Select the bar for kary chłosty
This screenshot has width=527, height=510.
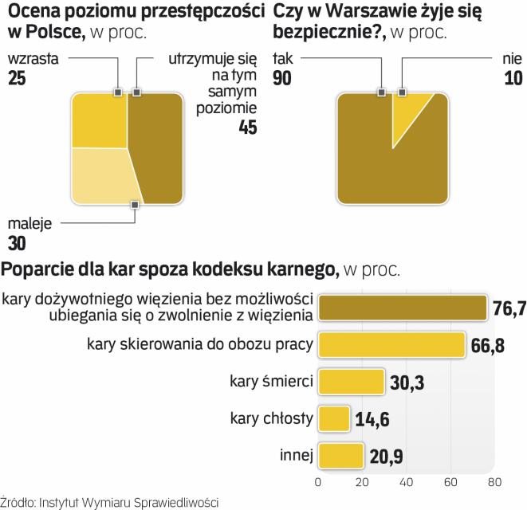tap(333, 418)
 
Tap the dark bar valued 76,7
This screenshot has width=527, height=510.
tap(402, 308)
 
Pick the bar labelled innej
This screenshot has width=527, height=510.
tap(340, 455)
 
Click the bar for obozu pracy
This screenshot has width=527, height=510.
tap(391, 344)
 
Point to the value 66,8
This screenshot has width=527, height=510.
tap(489, 345)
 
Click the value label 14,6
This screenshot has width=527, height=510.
tap(373, 418)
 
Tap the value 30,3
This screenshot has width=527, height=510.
tap(407, 381)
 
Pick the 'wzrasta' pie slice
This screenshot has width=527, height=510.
tap(99, 120)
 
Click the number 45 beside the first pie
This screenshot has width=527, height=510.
tap(248, 127)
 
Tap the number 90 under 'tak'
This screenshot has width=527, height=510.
tap(284, 77)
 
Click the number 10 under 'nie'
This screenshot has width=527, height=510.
tap(513, 77)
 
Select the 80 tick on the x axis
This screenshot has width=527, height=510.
tap(494, 481)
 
